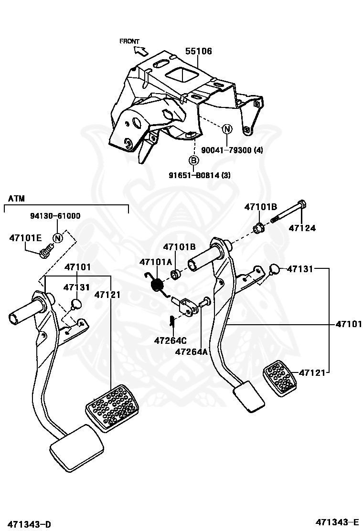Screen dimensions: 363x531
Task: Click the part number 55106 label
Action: point(198,51)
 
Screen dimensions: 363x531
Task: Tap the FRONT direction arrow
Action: point(141,51)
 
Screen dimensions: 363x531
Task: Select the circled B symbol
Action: point(193,160)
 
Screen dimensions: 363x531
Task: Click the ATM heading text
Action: point(17,198)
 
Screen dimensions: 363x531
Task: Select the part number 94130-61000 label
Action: point(55,216)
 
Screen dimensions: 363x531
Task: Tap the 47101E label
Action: point(25,238)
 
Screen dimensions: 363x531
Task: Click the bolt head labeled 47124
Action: point(302,204)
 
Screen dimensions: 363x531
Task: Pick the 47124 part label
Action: point(302,228)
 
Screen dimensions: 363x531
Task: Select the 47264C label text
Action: point(171,340)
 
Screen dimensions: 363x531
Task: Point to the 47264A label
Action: point(192,352)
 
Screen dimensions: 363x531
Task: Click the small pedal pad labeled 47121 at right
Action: point(280,378)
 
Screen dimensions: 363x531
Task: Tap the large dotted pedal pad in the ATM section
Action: point(112,408)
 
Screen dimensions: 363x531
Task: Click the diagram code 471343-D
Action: point(30,524)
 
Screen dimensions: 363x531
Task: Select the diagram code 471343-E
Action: point(337,521)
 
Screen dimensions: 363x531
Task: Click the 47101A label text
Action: point(156,262)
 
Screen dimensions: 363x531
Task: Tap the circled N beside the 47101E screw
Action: point(58,238)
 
